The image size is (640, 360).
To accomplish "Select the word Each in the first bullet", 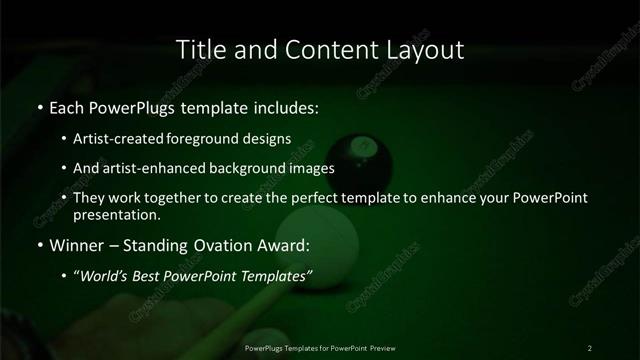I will [67, 106].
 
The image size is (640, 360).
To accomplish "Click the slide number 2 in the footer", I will [590, 347].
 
